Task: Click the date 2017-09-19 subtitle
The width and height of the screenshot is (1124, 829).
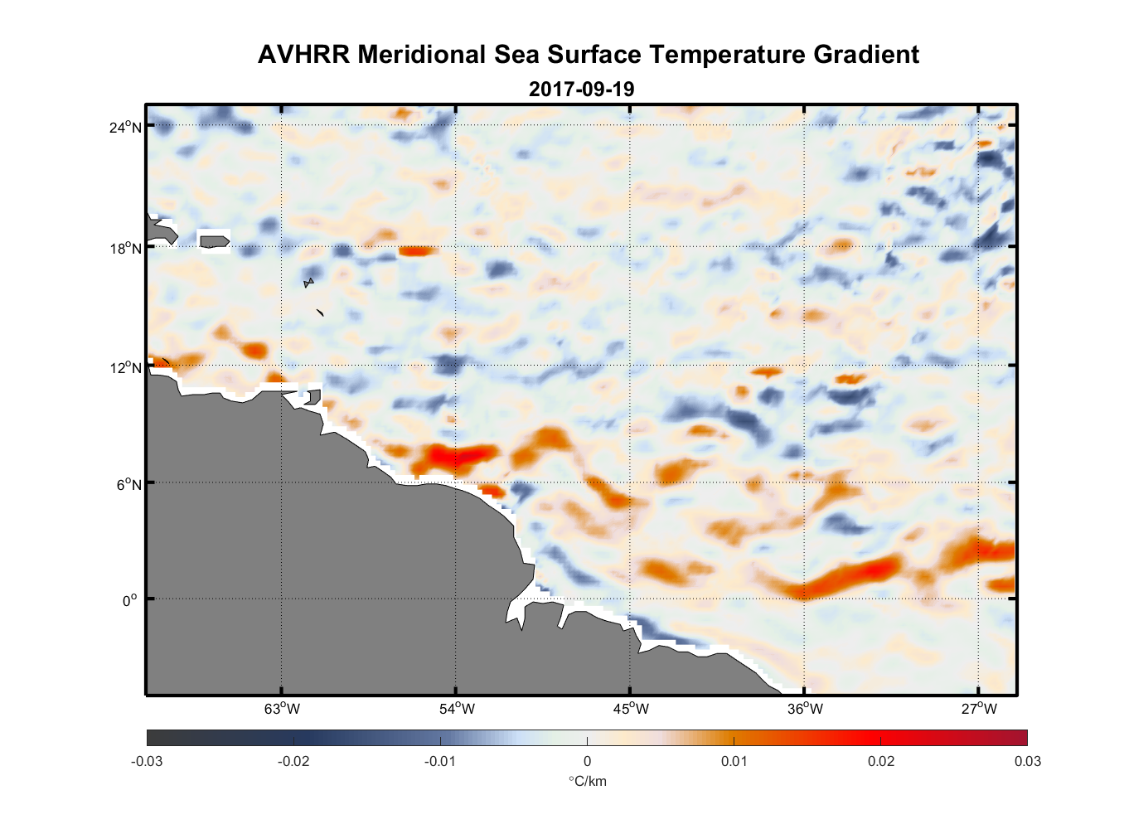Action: [581, 90]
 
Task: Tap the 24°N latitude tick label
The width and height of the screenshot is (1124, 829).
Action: [125, 127]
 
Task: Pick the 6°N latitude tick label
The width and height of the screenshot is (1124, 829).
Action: [128, 484]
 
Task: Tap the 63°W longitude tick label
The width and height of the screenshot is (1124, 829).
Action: [282, 709]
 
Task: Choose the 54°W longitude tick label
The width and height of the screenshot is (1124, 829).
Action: [457, 709]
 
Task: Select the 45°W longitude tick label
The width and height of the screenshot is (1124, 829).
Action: [631, 709]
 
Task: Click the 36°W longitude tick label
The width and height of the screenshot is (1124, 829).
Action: [805, 709]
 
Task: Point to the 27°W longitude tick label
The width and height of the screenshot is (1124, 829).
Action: [979, 709]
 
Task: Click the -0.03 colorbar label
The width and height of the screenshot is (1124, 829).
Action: [147, 761]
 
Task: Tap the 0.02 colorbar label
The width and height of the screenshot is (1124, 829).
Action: [880, 761]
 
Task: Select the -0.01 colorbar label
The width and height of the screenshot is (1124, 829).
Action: [439, 761]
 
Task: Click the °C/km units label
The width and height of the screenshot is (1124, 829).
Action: [587, 781]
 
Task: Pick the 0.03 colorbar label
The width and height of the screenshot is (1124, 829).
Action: [1027, 761]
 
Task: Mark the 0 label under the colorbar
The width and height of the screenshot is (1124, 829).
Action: [587, 761]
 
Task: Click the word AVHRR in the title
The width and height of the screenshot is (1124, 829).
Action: [303, 55]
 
